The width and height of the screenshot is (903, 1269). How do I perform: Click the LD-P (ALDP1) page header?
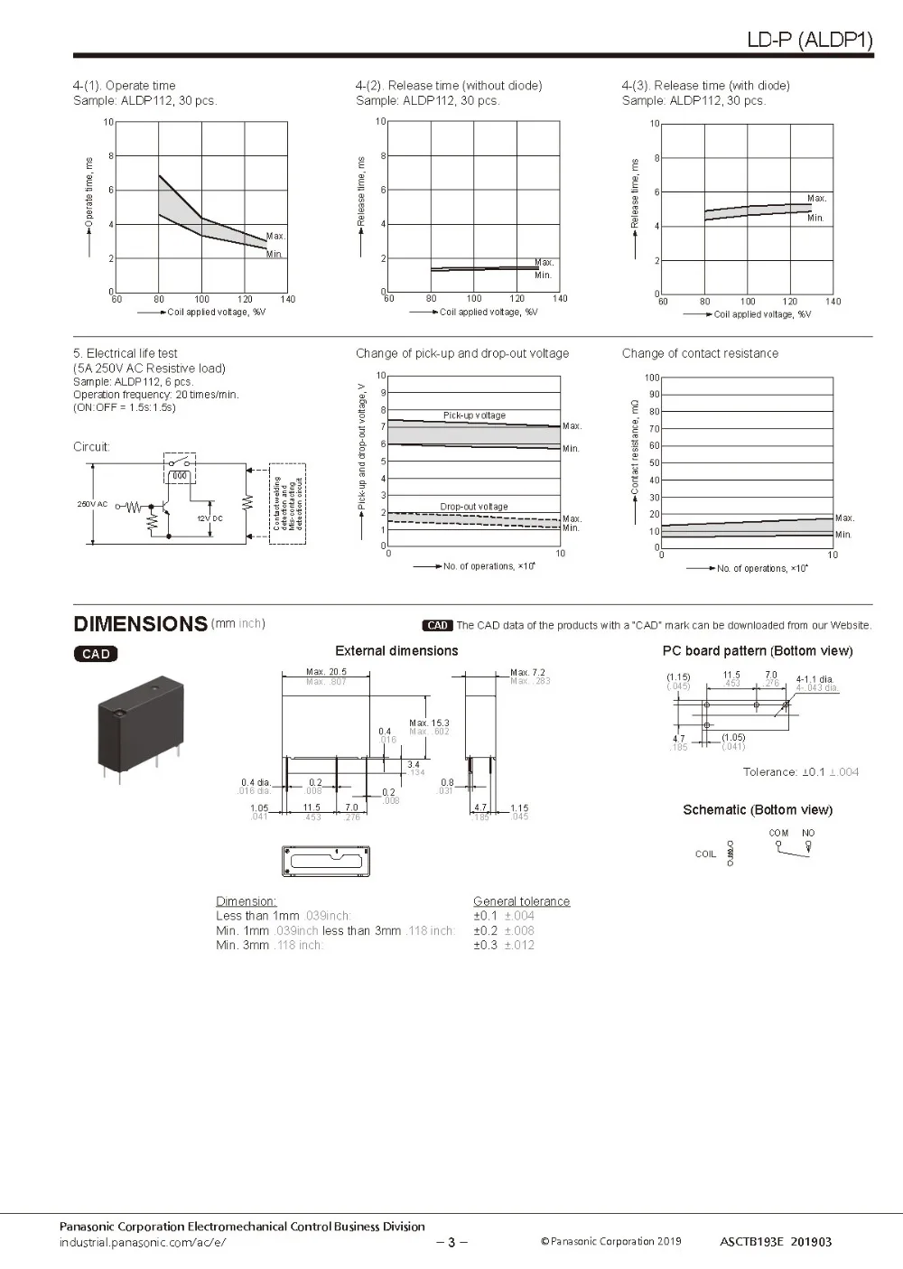click(809, 41)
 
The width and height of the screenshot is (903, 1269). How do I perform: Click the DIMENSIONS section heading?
click(140, 624)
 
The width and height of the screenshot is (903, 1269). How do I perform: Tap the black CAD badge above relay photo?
click(96, 654)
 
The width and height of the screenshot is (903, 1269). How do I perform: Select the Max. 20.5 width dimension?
click(326, 672)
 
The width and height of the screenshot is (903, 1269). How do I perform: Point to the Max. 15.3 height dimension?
click(429, 723)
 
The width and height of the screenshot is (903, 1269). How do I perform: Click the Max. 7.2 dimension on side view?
click(528, 672)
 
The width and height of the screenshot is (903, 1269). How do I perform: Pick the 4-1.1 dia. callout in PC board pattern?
click(815, 679)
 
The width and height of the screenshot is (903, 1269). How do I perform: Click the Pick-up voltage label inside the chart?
click(474, 415)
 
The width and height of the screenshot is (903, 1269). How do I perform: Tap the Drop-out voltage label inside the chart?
click(474, 507)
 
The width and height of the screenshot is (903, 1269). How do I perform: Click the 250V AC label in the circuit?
click(92, 504)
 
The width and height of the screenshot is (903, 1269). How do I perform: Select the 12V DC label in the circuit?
click(209, 518)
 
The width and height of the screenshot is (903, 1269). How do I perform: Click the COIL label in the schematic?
click(705, 854)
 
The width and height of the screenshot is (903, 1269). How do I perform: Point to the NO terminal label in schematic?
click(808, 833)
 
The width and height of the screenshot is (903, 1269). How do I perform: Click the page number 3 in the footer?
click(451, 1242)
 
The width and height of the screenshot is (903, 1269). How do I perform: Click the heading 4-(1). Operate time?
click(125, 86)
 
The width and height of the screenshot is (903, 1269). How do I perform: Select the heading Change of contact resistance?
click(700, 353)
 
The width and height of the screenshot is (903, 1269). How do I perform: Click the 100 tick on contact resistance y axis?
click(652, 378)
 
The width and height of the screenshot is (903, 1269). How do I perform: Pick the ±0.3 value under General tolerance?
click(485, 945)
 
